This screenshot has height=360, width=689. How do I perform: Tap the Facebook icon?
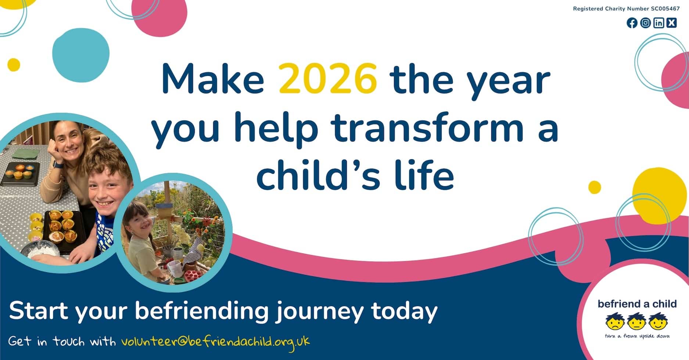point(632,23)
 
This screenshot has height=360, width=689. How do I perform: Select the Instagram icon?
point(645,23)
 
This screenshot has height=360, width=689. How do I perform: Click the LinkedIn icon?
point(659,23)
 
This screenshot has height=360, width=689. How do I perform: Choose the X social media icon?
point(672,23)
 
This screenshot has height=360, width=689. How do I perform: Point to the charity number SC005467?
point(665,9)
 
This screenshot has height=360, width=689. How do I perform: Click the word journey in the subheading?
point(319,311)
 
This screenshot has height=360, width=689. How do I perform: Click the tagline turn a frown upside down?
point(637,336)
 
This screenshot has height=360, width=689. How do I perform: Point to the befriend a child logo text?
point(637,304)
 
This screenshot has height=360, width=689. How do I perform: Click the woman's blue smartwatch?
point(55,163)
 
